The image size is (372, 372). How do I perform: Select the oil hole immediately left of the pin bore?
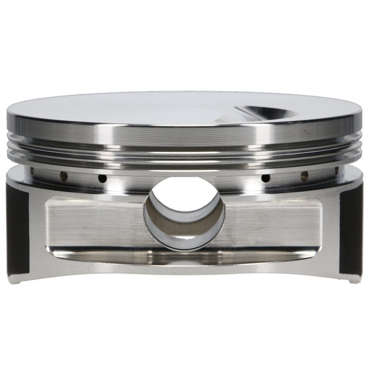[102, 179]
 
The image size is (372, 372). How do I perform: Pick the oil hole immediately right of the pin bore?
[266, 178]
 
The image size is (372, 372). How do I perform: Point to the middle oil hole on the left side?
[64, 176]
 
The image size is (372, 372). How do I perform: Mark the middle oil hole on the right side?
[305, 176]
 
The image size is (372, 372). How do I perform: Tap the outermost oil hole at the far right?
[336, 171]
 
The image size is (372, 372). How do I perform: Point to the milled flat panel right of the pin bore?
[274, 223]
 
